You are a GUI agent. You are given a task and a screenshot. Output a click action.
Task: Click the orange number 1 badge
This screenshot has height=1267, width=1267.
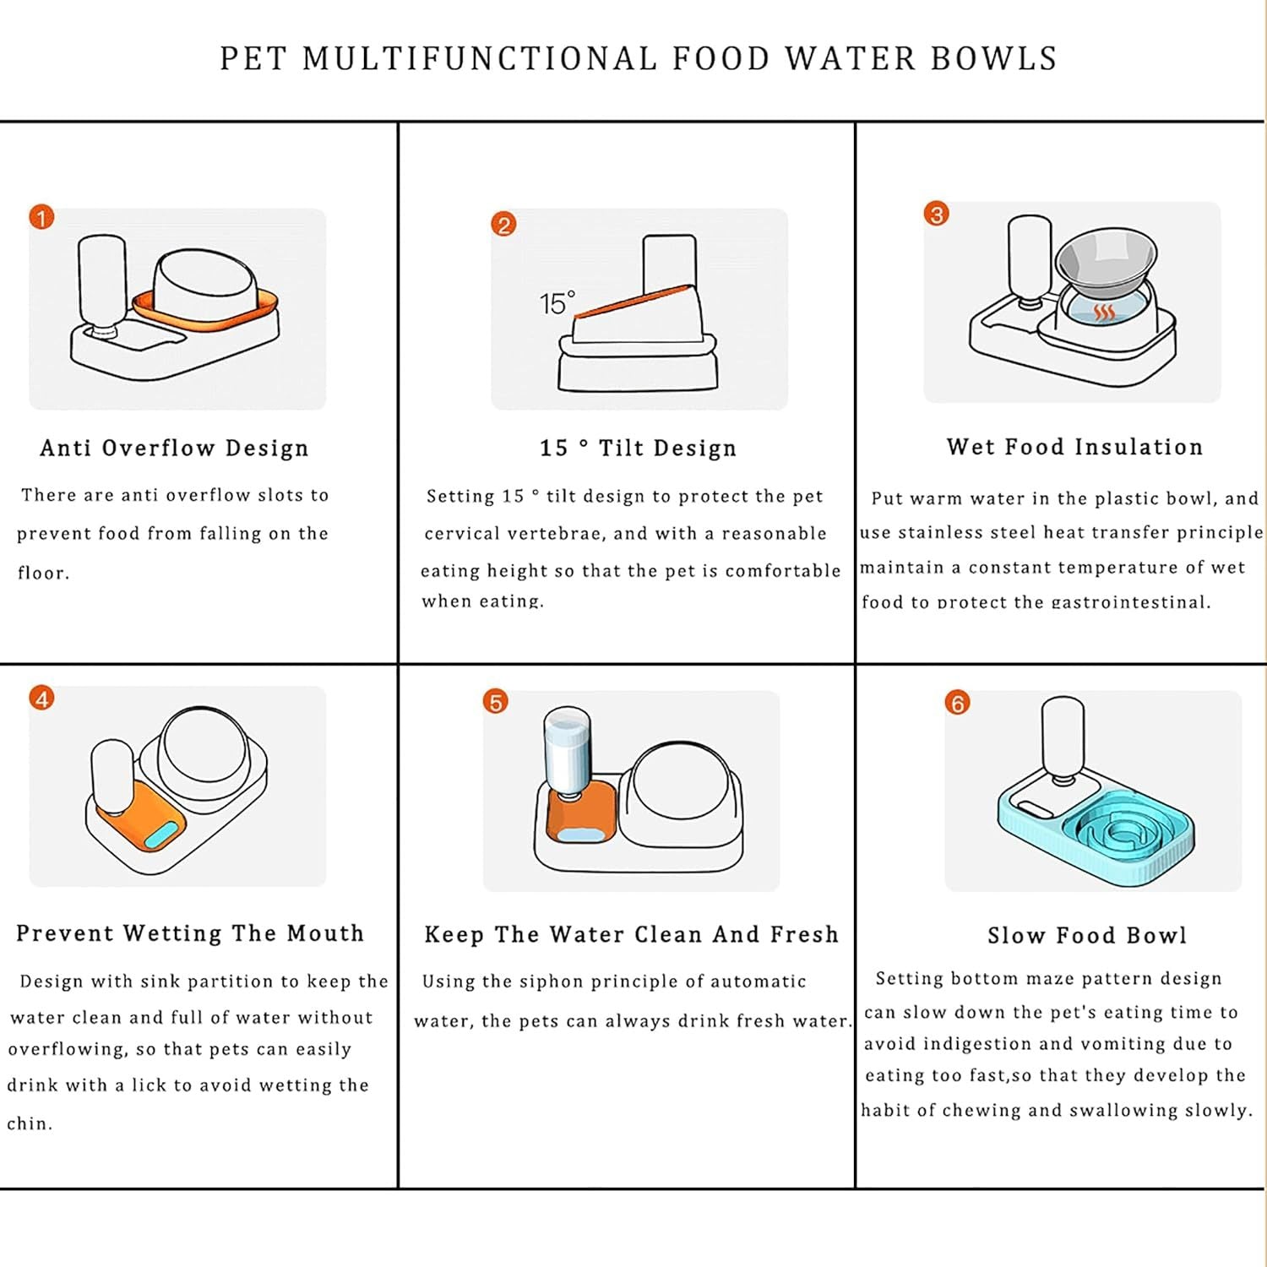pos(41,218)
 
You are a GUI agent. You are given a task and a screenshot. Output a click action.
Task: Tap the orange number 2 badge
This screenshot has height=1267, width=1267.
pos(503,225)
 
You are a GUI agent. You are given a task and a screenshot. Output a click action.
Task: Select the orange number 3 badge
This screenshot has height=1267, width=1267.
pos(936,214)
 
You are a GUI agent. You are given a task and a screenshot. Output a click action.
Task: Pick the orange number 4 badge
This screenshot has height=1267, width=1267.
pos(41,699)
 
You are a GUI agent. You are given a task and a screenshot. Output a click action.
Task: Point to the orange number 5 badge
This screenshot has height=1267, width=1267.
pos(496,702)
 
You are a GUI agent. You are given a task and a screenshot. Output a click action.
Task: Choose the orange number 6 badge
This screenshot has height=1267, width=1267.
pos(957,703)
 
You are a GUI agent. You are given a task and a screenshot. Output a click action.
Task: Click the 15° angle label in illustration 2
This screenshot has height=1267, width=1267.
pos(557,303)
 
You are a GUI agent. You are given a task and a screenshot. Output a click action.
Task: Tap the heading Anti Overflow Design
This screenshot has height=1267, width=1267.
pos(174,448)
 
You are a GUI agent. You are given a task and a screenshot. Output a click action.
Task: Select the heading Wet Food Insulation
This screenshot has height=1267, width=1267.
pos(1074,447)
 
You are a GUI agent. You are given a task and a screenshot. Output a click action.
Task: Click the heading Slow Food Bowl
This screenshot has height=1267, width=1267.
pos(1087,935)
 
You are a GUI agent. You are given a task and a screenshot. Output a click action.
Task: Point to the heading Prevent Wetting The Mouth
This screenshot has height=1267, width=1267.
pos(190,933)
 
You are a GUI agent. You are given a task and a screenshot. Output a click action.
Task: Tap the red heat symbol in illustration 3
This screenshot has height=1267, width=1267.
pos(1104,313)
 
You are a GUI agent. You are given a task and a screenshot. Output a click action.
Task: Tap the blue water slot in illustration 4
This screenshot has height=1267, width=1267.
pos(164,835)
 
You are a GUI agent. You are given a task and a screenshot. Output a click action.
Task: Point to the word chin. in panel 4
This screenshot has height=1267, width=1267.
pos(30,1123)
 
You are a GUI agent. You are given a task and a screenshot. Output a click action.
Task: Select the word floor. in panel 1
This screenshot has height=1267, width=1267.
pos(43,573)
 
